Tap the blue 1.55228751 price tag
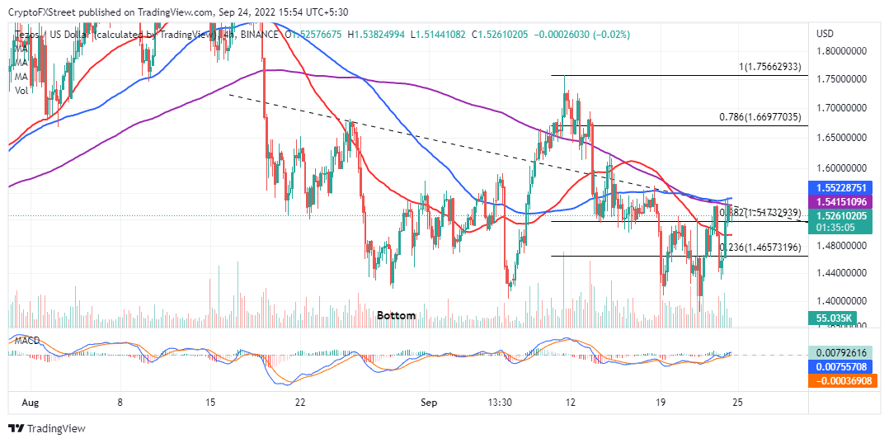(846, 187)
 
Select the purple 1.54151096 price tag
(846, 201)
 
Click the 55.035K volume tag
(831, 316)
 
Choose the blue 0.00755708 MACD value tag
(846, 366)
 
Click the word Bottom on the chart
(397, 315)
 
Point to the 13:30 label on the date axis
(501, 403)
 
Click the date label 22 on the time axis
(301, 403)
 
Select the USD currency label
(825, 34)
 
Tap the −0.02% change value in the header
(614, 35)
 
